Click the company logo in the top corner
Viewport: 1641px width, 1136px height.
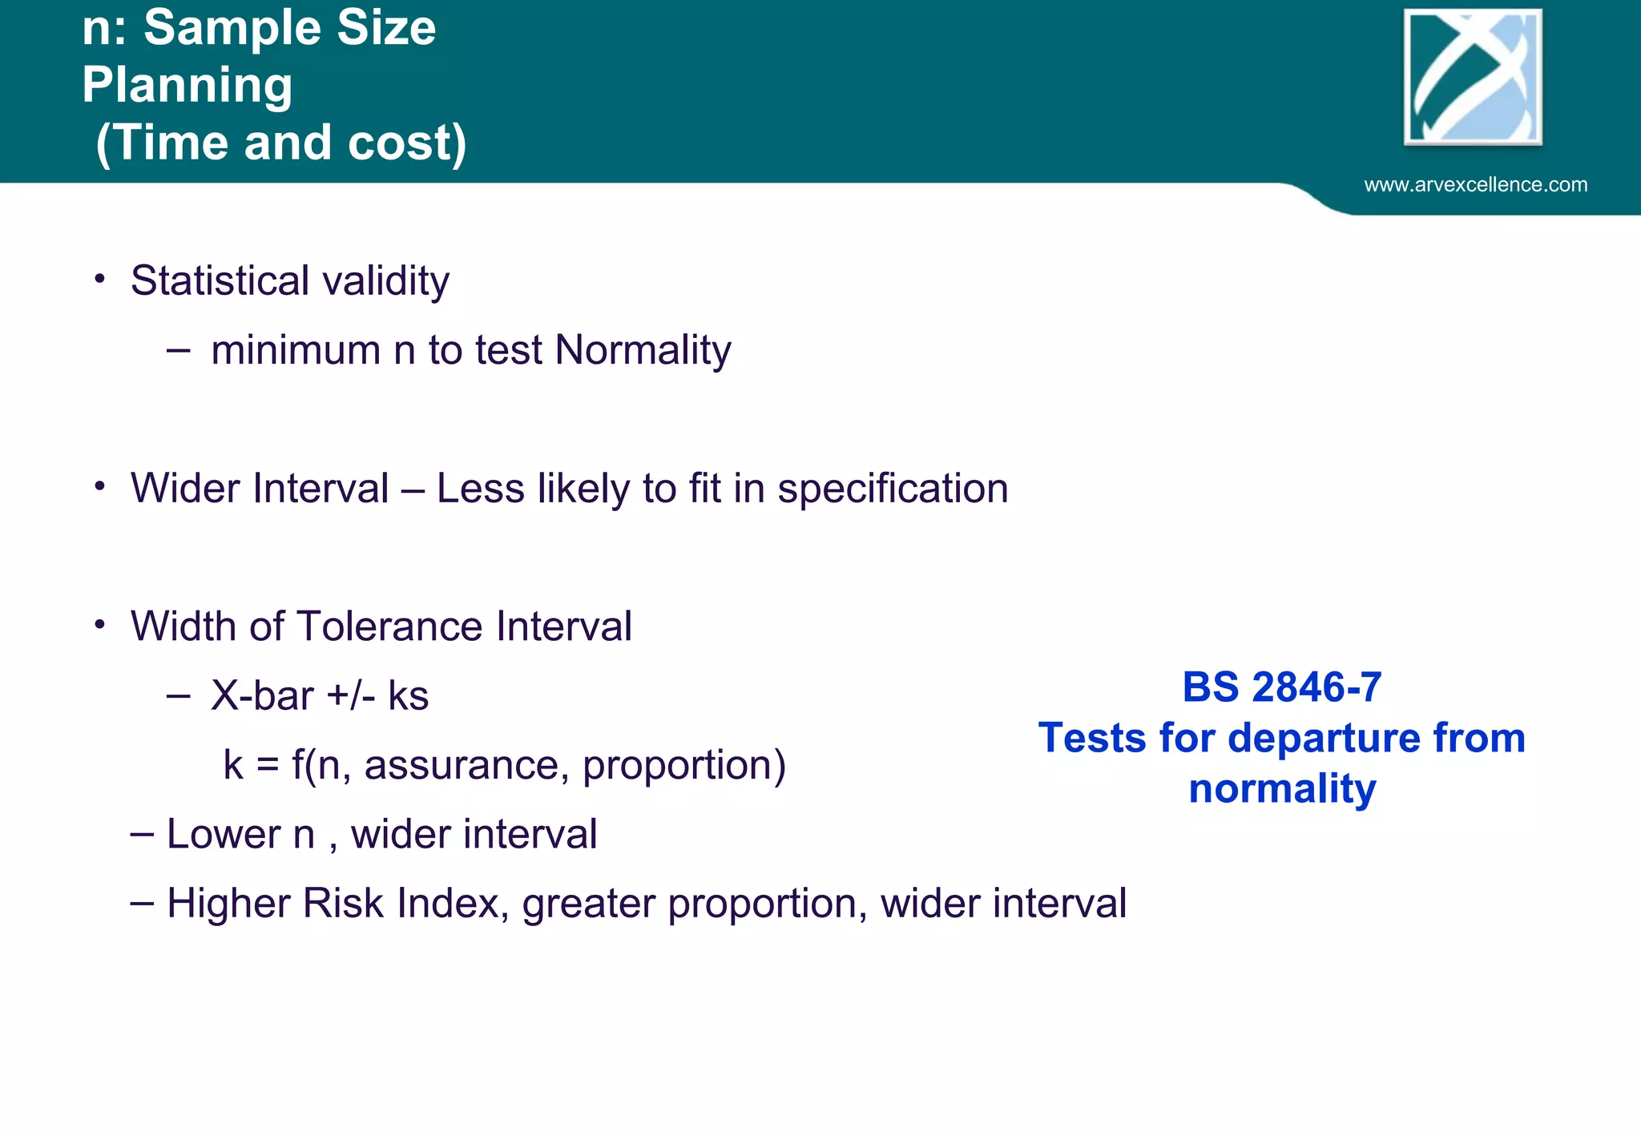tap(1473, 78)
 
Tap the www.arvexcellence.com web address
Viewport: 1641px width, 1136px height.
tap(1475, 185)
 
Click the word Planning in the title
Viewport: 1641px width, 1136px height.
tap(187, 85)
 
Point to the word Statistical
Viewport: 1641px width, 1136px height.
tap(220, 280)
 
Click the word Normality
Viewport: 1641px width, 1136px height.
tap(643, 350)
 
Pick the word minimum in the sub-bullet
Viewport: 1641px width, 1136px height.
tap(296, 350)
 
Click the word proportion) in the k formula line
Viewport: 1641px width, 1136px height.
tap(683, 765)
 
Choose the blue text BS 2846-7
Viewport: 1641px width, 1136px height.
tap(1281, 687)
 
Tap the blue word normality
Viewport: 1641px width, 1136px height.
tap(1282, 788)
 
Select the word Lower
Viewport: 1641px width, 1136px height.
tap(224, 834)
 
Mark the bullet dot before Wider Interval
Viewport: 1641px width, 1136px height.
tap(99, 486)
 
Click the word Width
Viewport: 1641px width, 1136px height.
tap(183, 626)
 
